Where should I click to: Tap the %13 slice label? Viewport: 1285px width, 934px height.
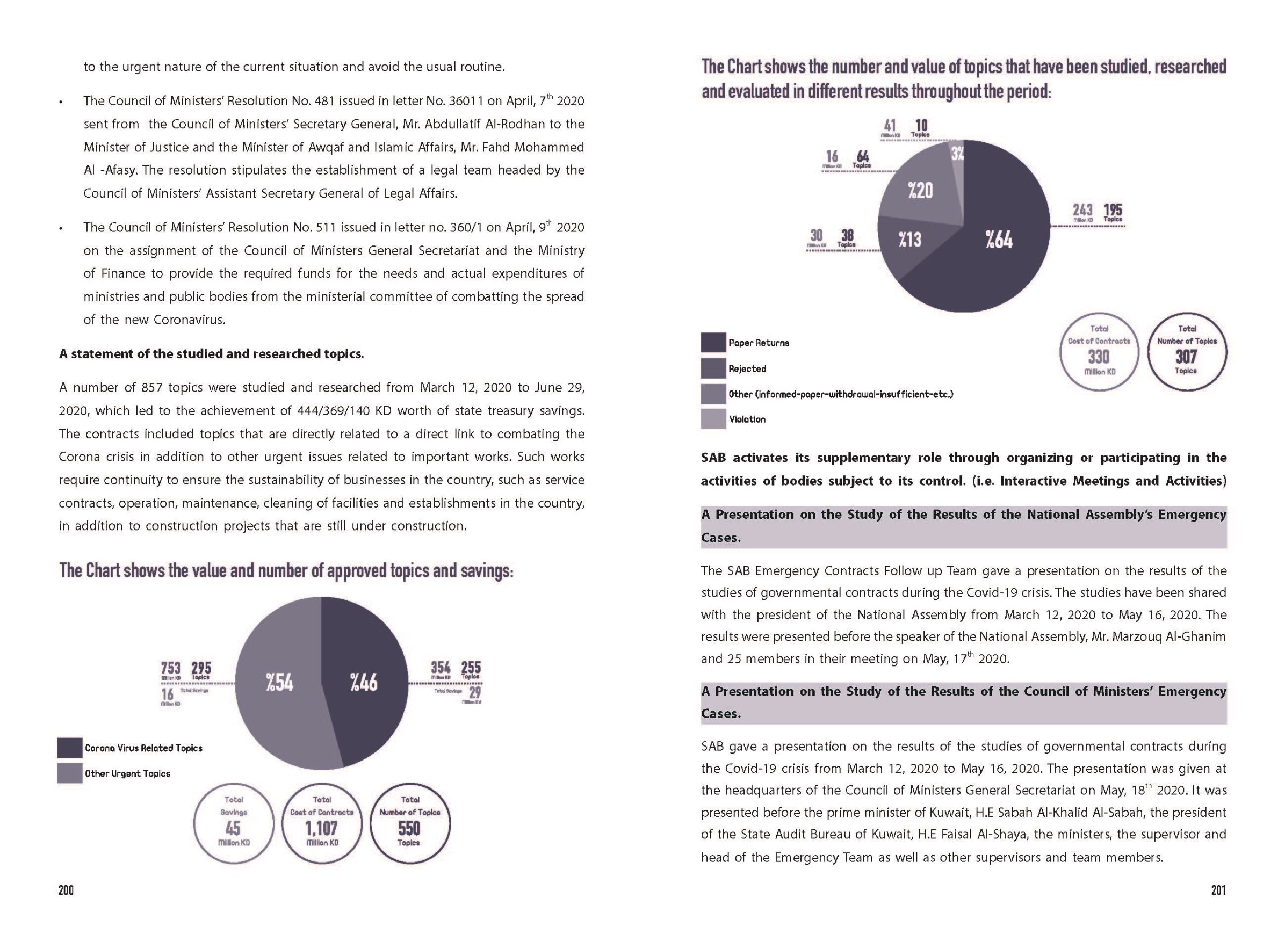[909, 240]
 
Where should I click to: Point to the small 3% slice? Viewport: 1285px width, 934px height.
[957, 154]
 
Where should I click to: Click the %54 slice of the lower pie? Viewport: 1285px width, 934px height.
[279, 683]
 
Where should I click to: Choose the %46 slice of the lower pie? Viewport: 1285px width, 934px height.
[364, 683]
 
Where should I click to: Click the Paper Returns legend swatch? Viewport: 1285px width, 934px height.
[713, 343]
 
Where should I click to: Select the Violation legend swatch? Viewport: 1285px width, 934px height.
[713, 419]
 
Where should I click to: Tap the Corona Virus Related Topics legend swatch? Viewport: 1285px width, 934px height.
[70, 748]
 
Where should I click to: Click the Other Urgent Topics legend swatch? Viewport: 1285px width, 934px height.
[70, 773]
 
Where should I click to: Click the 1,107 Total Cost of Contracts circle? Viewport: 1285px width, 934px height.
[322, 823]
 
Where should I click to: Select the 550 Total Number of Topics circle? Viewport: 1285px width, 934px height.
[410, 823]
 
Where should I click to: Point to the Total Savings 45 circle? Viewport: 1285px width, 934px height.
[234, 823]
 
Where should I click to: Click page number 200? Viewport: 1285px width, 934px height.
[66, 890]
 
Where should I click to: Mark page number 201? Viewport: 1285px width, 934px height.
[1218, 890]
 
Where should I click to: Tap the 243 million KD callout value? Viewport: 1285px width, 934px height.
[1082, 210]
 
